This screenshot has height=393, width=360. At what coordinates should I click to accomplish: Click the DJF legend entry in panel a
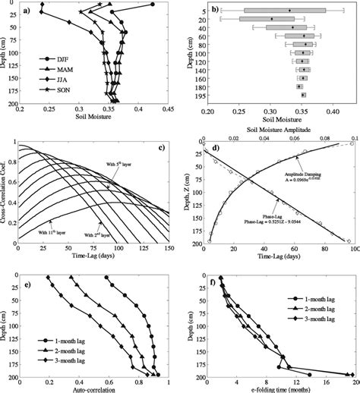pos(68,58)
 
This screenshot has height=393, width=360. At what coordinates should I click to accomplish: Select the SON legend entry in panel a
pos(68,90)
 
